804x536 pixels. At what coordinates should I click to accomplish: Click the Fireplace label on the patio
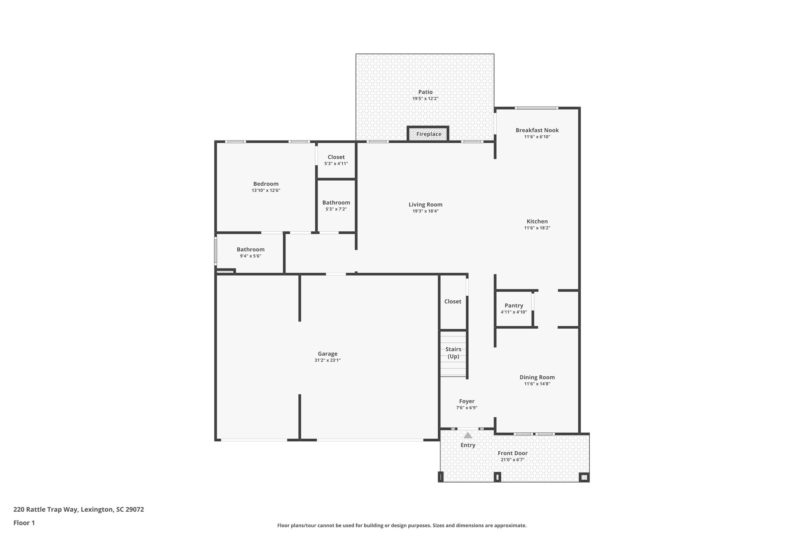coord(429,134)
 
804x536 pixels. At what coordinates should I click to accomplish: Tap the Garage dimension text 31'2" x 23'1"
coord(327,360)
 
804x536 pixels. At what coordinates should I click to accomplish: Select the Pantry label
coord(513,306)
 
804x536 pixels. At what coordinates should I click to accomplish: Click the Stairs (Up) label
coord(453,353)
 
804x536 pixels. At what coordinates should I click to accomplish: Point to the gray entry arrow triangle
coord(468,435)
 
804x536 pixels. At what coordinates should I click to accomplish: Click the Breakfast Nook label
coord(537,130)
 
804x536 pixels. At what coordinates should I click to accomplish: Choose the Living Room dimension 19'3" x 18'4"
coord(425,211)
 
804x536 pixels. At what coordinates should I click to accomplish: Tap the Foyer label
coord(466,401)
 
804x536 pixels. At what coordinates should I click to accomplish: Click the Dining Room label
coord(537,377)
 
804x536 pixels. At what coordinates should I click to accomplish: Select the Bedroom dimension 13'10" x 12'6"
coord(266,190)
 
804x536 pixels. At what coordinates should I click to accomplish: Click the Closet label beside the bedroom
coord(336,157)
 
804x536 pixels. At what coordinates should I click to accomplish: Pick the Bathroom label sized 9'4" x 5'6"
coord(250,249)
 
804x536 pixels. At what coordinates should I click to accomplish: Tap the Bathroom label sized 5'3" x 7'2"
coord(336,203)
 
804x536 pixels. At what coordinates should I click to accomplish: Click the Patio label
coord(425,92)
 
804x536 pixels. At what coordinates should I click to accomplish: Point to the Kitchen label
coord(537,221)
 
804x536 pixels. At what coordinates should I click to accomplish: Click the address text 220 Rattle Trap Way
coord(79,510)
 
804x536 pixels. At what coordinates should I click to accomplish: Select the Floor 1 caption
coord(24,523)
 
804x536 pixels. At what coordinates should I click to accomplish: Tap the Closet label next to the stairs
coord(453,301)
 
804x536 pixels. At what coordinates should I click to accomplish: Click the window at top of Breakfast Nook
coord(536,108)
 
